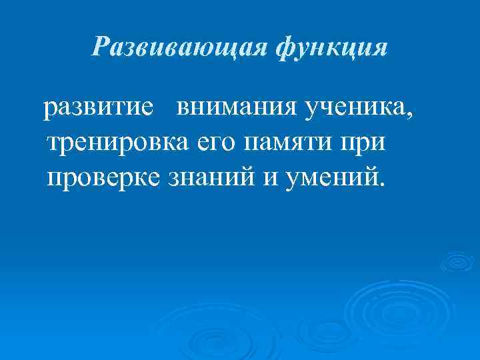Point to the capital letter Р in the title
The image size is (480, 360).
point(101,48)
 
